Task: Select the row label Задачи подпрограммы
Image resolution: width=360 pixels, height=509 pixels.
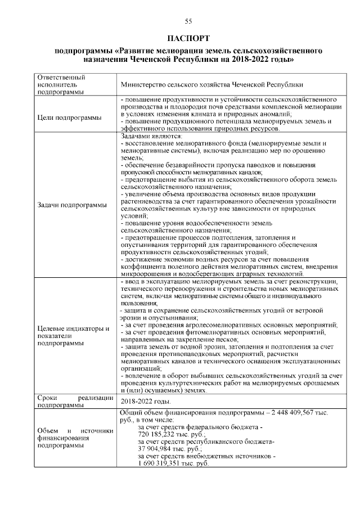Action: [71, 205]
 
